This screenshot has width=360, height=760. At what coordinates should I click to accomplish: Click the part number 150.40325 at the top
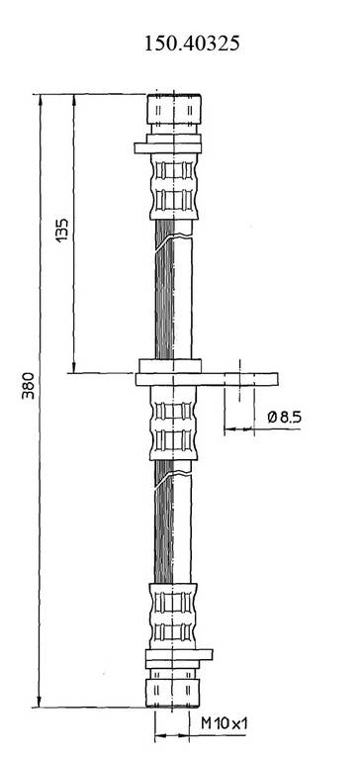(x=192, y=45)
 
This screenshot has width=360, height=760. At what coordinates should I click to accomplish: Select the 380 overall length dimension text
(x=29, y=385)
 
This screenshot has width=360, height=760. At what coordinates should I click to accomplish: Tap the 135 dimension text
(x=62, y=231)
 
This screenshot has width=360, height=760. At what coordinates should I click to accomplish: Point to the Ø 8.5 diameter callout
(x=285, y=417)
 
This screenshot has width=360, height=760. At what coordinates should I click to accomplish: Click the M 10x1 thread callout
(x=225, y=724)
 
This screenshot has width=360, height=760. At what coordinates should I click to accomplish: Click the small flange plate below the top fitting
(x=168, y=148)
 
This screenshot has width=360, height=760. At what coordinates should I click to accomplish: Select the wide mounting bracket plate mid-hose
(x=207, y=379)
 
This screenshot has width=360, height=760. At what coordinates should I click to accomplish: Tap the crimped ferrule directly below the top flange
(x=174, y=187)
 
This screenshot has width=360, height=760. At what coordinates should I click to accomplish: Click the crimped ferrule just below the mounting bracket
(x=173, y=424)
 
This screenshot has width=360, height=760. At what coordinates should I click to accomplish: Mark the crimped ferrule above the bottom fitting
(x=173, y=617)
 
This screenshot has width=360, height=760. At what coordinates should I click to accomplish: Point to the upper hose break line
(x=174, y=240)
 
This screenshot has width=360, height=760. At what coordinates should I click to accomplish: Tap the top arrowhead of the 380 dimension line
(x=41, y=99)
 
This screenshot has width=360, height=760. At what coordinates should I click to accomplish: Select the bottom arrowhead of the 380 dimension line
(x=40, y=702)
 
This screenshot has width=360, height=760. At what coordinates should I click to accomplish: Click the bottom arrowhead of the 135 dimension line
(x=73, y=367)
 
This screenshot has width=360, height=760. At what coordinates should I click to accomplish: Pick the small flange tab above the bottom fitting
(x=179, y=655)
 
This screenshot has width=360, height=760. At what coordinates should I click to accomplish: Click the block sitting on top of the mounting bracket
(x=170, y=366)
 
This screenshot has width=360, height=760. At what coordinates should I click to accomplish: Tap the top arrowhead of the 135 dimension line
(x=73, y=100)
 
